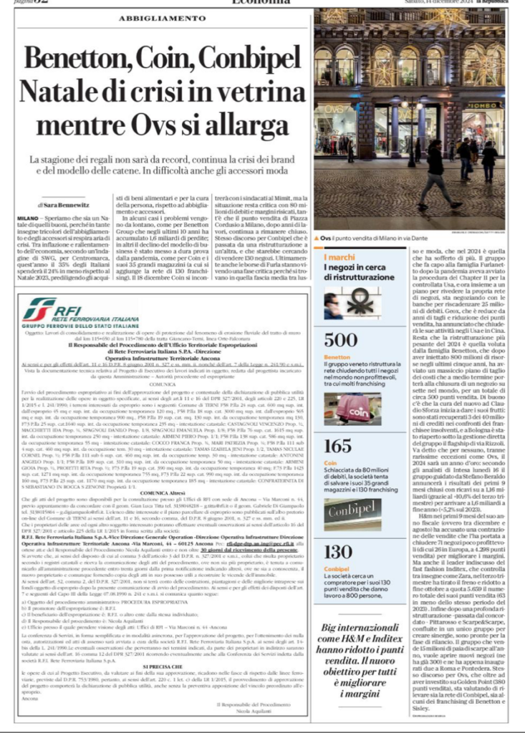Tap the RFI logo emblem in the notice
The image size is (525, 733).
coord(39,309)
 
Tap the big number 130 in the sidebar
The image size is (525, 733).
coord(337,551)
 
